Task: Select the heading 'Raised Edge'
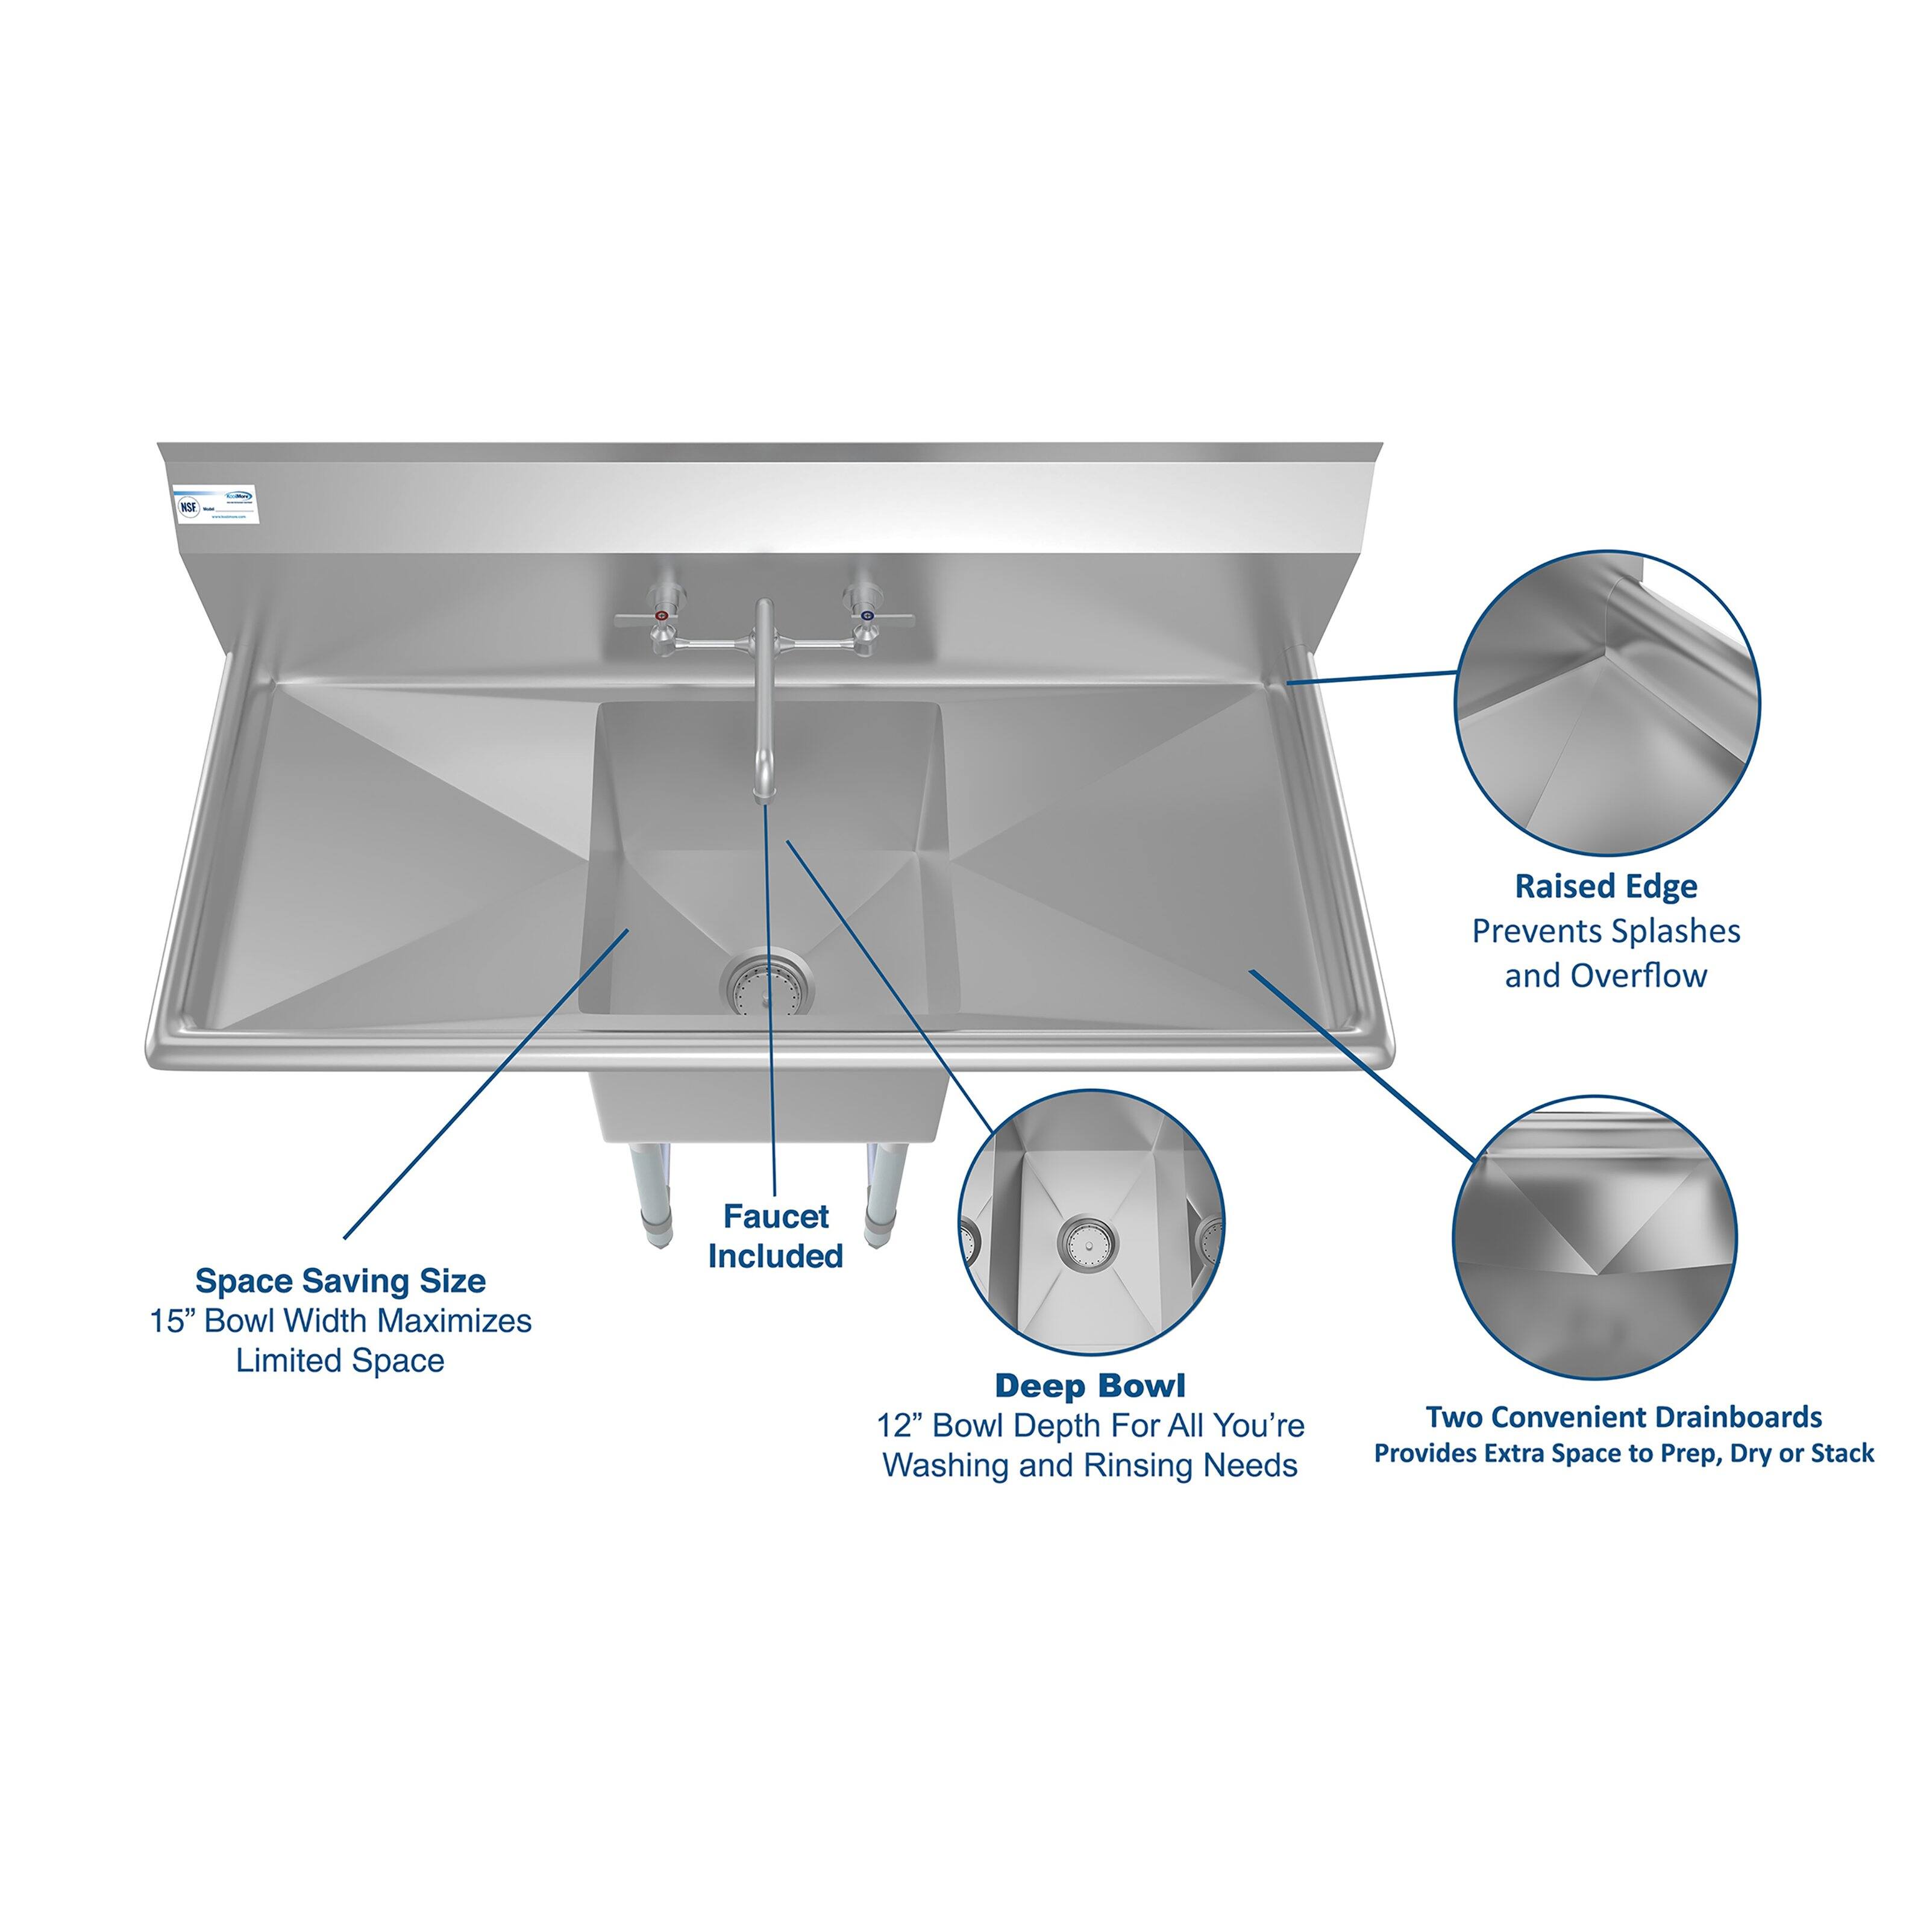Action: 1605,886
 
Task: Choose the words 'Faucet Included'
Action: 776,1236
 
